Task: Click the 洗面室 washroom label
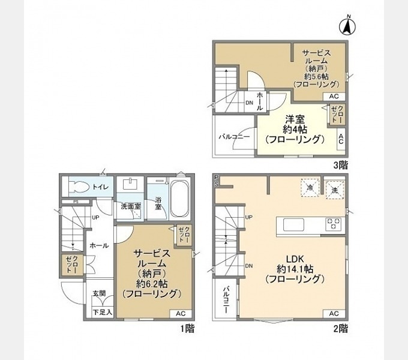tap(130, 206)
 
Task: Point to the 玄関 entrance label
tap(99, 293)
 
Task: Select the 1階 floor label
tap(187, 328)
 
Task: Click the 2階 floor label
tap(340, 328)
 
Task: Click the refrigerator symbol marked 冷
tap(310, 188)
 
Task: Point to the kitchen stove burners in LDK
tap(334, 224)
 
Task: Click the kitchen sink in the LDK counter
tap(293, 224)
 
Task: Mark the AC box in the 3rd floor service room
tap(334, 96)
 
